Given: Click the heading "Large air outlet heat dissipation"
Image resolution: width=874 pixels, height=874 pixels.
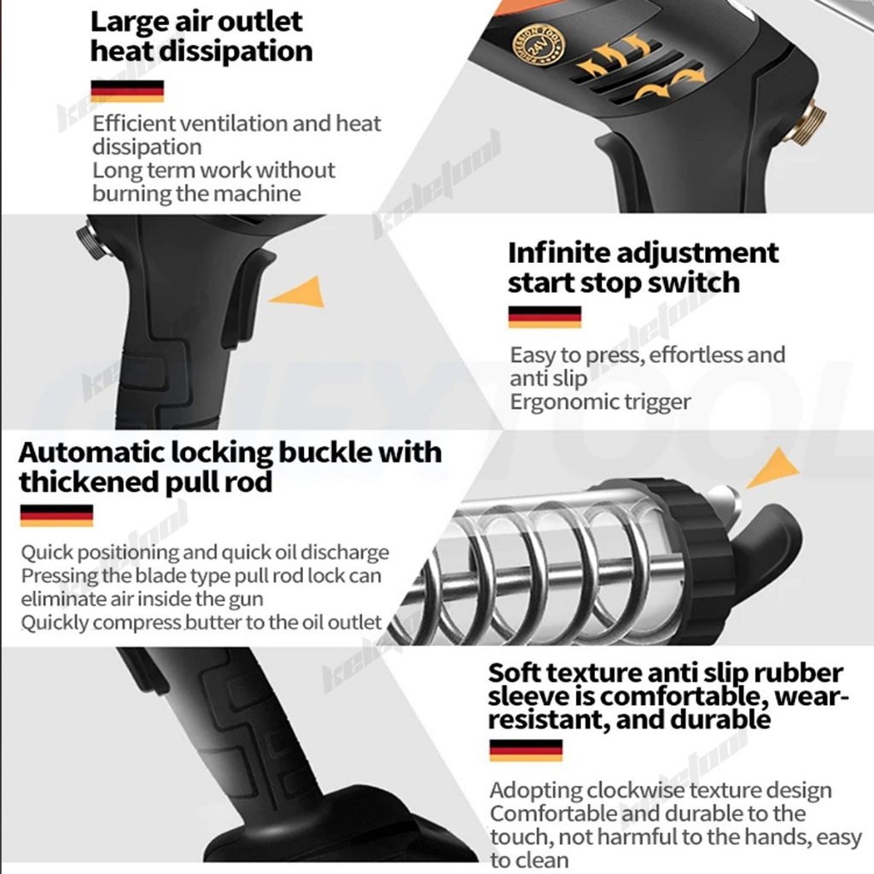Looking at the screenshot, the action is tap(201, 37).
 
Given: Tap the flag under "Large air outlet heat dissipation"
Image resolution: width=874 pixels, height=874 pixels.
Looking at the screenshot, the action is tap(126, 91).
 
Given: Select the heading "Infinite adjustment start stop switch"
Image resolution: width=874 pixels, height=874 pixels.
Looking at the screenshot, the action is tap(643, 267).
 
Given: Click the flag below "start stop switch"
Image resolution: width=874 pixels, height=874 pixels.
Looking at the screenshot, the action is tap(545, 317).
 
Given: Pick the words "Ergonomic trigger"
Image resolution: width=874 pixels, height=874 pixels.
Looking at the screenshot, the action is tap(600, 401).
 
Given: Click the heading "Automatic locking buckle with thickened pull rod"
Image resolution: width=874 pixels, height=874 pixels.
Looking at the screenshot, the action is tap(230, 466).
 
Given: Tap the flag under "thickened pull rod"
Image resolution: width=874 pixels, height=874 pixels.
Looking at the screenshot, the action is tap(56, 515).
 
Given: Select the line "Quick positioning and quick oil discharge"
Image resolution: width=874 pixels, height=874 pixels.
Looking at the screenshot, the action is tap(205, 552).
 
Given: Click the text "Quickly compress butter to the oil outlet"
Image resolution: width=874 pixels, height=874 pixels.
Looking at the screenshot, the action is tap(201, 622).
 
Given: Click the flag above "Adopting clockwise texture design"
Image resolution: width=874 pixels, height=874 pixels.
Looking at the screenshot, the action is tap(526, 750).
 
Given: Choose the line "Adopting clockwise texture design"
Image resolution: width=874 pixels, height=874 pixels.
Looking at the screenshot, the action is tap(661, 790).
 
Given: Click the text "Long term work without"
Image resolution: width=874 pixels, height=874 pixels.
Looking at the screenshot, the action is tap(213, 170).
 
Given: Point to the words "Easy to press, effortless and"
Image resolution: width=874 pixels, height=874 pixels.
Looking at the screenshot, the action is tap(648, 354).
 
